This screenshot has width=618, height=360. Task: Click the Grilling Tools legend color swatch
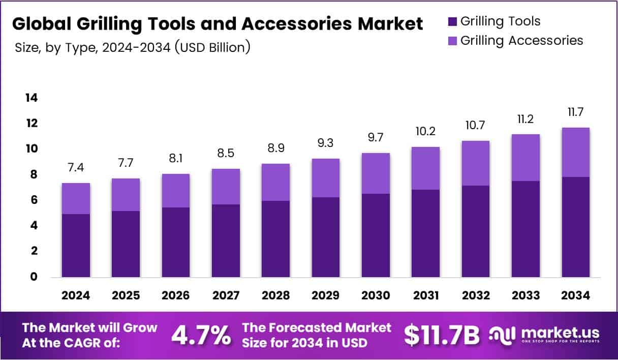(452, 21)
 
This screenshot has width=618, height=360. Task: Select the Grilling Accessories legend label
(521, 40)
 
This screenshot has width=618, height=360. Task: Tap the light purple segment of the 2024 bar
(76, 198)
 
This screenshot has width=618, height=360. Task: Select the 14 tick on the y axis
(32, 98)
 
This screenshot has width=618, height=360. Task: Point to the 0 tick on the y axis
(34, 277)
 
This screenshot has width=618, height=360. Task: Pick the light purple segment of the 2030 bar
(376, 173)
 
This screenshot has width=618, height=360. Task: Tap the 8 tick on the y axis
(34, 174)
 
